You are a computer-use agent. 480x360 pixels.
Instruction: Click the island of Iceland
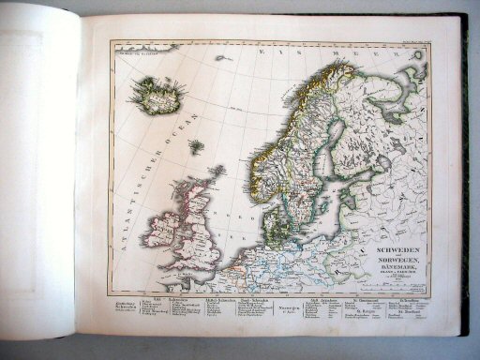pyautogui.click(x=157, y=94)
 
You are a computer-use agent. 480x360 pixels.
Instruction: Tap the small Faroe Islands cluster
pyautogui.click(x=196, y=146)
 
